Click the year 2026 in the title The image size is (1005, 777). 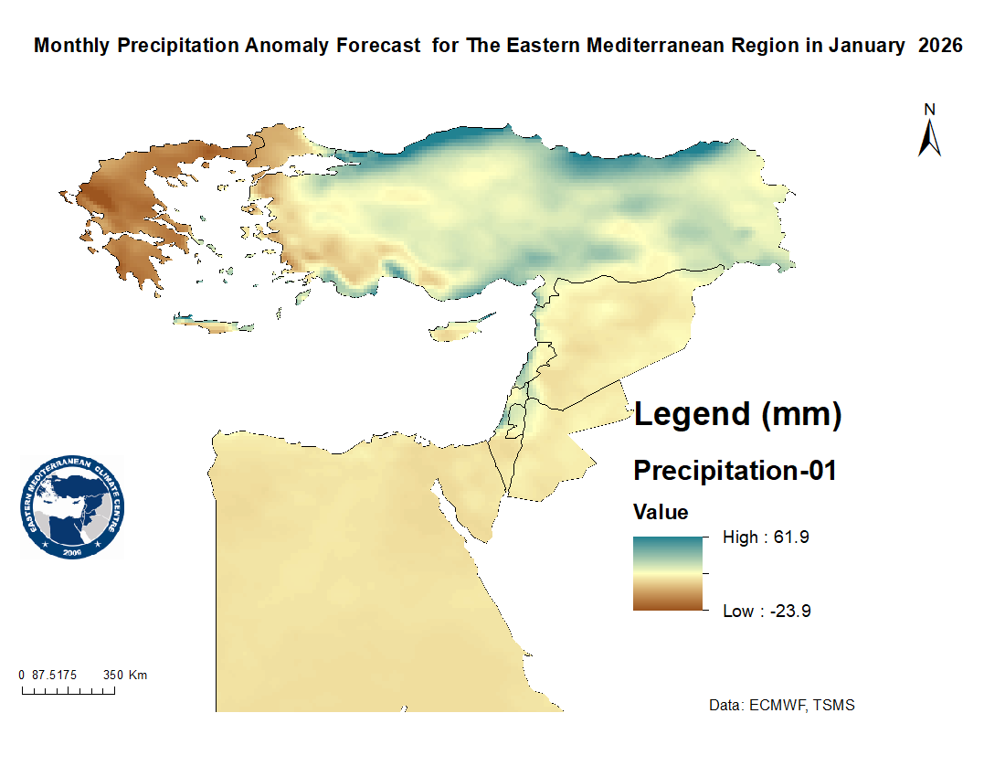[x=941, y=46]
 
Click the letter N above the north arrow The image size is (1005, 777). [x=930, y=109]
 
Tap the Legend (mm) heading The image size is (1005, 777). [x=737, y=414]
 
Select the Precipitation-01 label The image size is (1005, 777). [x=735, y=471]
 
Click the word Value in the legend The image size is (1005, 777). [x=661, y=512]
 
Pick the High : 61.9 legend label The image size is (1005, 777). [x=766, y=538]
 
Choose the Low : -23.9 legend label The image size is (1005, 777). [x=767, y=611]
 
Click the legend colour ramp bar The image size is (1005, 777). [x=668, y=573]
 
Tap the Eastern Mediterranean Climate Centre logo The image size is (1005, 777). [x=71, y=508]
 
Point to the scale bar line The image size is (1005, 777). [x=68, y=691]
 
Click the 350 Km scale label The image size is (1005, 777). [x=125, y=676]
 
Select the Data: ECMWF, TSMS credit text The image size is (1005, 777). [x=782, y=706]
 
